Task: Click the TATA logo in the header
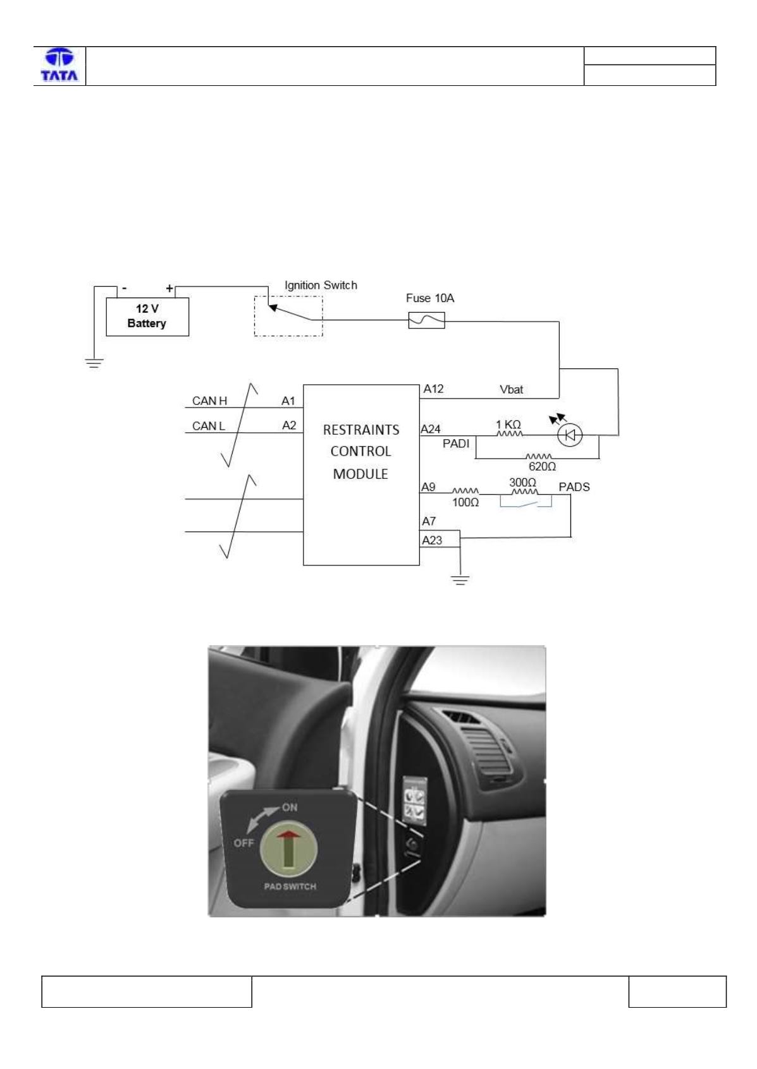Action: [59, 65]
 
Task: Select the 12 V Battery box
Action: [147, 317]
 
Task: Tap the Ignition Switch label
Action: [321, 285]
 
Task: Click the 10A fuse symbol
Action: [426, 320]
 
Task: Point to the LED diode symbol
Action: [570, 435]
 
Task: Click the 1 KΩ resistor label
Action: [508, 425]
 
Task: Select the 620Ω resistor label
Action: [542, 466]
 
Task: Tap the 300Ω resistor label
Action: [522, 483]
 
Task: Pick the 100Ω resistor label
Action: [465, 502]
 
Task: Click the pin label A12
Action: [433, 389]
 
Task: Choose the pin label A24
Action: [430, 429]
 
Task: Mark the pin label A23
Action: [432, 540]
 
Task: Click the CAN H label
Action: [209, 401]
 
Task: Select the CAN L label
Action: [208, 426]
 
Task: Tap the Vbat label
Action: [511, 389]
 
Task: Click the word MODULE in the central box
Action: [360, 474]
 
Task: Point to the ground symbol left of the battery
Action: [94, 363]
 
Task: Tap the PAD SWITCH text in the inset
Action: [290, 886]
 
